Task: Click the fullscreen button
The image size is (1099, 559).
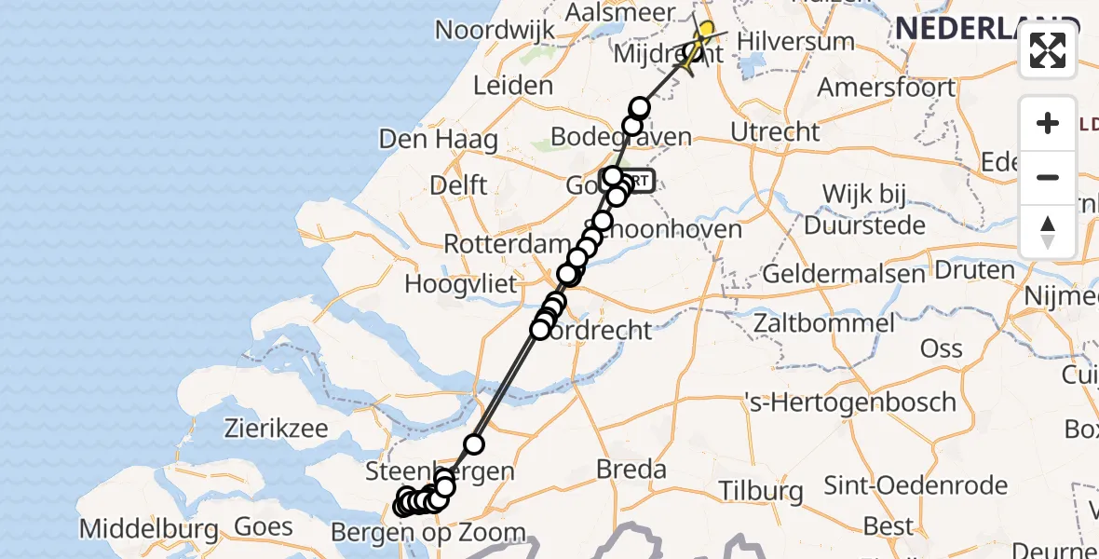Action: coord(1048,50)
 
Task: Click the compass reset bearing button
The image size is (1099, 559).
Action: coord(1048,231)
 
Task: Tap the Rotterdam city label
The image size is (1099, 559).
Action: coord(500,244)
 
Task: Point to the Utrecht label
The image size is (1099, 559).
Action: coord(775,131)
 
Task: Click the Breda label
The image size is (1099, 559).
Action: coord(631,468)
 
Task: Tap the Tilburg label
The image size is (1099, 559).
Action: coord(761,491)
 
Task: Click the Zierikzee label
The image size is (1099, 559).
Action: coord(277,429)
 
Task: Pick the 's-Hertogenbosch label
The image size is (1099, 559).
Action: coord(850,402)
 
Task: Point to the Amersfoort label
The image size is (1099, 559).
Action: coord(886,88)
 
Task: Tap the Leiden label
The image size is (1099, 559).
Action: coord(513,86)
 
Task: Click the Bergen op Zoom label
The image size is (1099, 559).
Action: coord(429,534)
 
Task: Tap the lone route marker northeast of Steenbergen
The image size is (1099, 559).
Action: coord(474,443)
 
